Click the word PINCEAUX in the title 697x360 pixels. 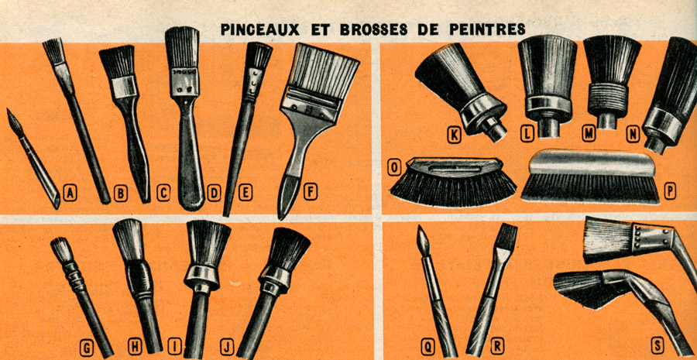point(259,29)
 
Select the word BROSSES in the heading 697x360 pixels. point(373,29)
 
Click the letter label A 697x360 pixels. point(70,194)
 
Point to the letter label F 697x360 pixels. point(311,192)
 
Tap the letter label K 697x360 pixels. point(453,135)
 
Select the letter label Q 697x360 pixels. point(427,347)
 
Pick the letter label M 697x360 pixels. point(589,134)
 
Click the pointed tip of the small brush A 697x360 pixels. point(9,110)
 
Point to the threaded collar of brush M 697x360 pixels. point(608,100)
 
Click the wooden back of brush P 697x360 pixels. point(590,163)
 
